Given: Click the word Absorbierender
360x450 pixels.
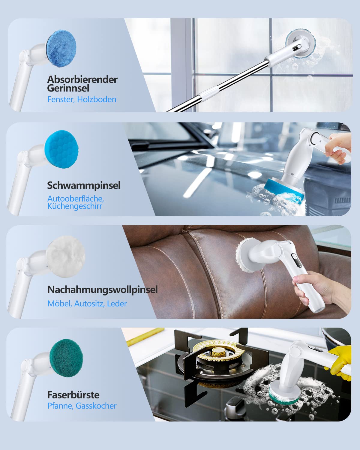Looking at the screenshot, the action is click(82, 79).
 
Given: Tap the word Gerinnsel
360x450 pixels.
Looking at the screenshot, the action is click(68, 88).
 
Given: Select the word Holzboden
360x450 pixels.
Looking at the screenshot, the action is click(97, 99).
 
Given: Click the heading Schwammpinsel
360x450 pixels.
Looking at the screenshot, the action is click(84, 185).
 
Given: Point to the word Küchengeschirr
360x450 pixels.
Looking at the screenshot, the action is click(75, 206).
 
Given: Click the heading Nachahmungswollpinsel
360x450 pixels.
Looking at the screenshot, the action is click(103, 290).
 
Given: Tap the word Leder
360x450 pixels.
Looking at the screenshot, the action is click(117, 304).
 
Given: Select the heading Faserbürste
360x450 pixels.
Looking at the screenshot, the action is click(73, 395).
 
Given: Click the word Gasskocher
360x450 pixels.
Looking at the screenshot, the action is click(96, 406).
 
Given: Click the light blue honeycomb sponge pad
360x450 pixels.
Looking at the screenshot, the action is click(61, 149).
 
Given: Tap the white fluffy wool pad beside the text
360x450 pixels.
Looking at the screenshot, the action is click(65, 256).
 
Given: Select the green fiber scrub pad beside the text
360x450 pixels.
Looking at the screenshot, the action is click(66, 358).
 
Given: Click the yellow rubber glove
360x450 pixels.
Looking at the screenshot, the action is click(339, 363).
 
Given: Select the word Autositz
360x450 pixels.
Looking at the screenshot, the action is click(89, 304).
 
